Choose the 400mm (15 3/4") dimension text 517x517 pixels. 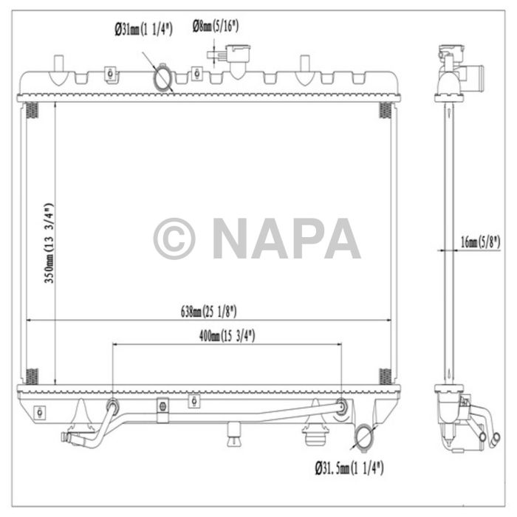point(227,335)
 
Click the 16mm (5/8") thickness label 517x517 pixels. point(480,242)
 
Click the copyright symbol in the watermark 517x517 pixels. point(174,239)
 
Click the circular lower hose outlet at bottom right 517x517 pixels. point(363,437)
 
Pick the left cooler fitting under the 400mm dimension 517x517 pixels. point(112,405)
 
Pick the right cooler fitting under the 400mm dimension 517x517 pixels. point(341,405)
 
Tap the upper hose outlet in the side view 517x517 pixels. point(473,75)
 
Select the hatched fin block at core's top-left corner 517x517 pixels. point(31,111)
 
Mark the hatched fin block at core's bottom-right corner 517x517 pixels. point(385,374)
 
